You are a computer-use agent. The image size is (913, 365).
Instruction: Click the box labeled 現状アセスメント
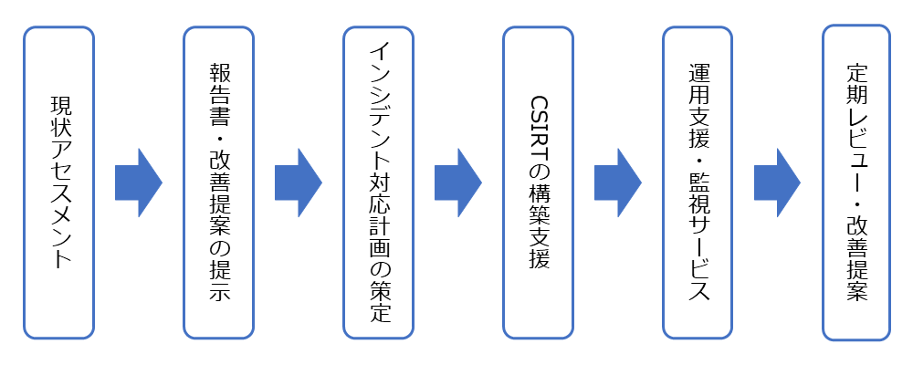tap(58, 182)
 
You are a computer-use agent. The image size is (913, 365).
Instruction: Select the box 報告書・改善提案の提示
tap(218, 182)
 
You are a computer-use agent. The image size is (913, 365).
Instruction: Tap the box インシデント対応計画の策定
tap(378, 182)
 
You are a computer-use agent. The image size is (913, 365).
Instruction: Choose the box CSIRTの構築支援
tap(538, 182)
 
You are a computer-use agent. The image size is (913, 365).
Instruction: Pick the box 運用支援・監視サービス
tap(698, 182)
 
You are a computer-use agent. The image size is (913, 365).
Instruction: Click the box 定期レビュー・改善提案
tap(856, 182)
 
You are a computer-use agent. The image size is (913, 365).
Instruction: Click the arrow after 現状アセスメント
tap(138, 182)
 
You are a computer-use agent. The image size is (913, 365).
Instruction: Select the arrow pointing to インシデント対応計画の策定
tap(298, 182)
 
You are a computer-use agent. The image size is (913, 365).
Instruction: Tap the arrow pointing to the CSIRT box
tap(457, 182)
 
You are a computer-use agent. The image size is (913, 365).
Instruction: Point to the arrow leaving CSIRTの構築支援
tap(617, 182)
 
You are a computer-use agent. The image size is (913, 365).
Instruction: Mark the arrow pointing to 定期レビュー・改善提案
tap(777, 182)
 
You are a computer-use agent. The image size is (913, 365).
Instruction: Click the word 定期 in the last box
tap(856, 88)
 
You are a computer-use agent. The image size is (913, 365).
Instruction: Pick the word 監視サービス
tap(698, 239)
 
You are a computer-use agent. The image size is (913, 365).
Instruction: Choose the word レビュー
tap(856, 152)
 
